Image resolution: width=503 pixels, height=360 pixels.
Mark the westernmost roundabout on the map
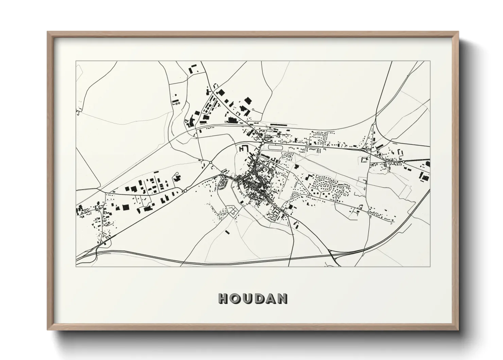[x=186, y=191]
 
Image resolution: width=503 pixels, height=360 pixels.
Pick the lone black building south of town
[x=227, y=232]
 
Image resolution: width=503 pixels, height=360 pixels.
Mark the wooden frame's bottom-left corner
[x=48, y=330]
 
